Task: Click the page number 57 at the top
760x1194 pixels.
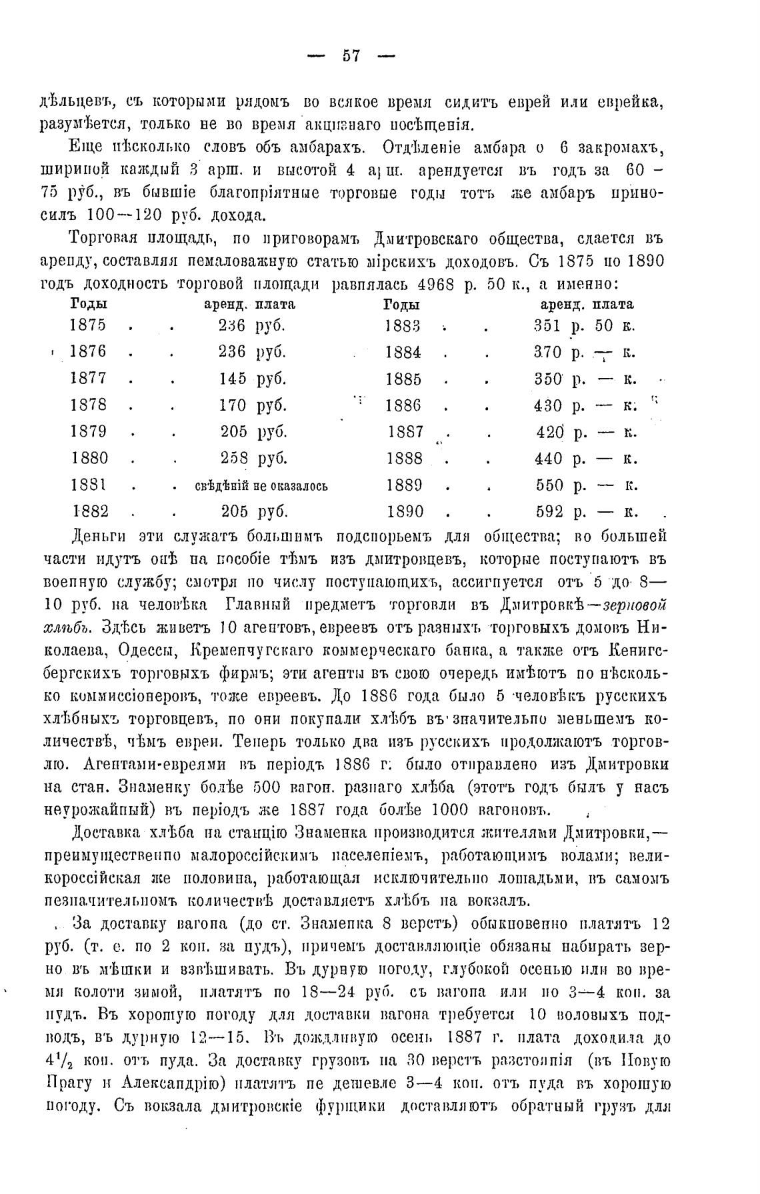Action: pos(351,57)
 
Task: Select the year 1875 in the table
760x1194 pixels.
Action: pos(87,325)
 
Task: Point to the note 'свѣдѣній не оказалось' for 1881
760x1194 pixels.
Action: pos(261,485)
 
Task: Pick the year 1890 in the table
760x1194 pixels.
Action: pos(405,512)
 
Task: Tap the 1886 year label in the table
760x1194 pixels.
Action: pos(403,405)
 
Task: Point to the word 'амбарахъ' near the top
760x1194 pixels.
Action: pos(319,147)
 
